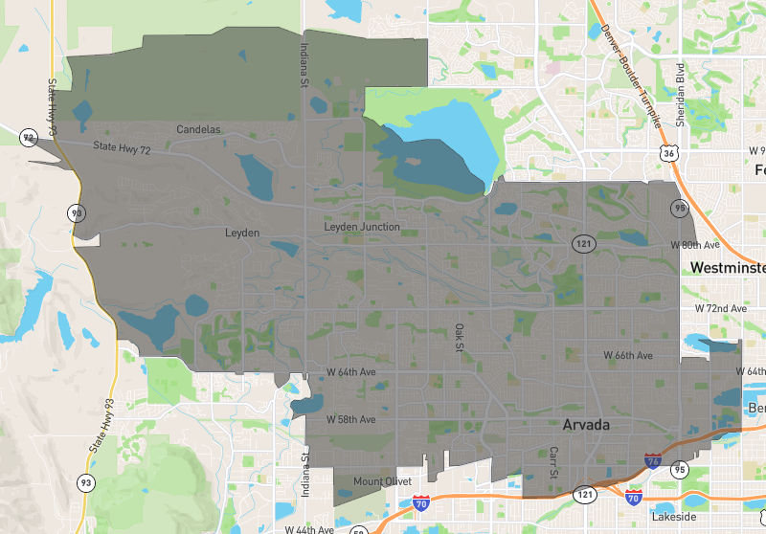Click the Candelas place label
tap(198, 129)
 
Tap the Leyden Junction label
tap(362, 227)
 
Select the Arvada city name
tap(586, 424)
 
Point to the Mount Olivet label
tap(382, 480)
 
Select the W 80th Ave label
tap(694, 245)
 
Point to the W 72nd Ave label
tap(720, 308)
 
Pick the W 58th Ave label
tap(350, 419)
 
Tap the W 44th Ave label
tap(308, 529)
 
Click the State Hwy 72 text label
tap(122, 148)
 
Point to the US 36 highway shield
tap(669, 153)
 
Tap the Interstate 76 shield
tap(653, 461)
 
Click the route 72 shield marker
tap(29, 138)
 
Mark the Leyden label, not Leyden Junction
tap(242, 233)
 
